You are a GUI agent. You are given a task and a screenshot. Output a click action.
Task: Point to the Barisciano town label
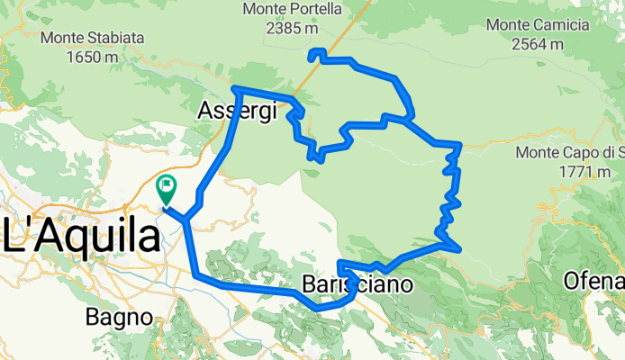354,285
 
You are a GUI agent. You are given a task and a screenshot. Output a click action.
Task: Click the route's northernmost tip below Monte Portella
312,55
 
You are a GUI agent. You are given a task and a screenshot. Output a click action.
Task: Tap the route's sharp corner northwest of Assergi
234,88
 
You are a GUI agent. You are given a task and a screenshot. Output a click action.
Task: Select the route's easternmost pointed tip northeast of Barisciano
460,248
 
